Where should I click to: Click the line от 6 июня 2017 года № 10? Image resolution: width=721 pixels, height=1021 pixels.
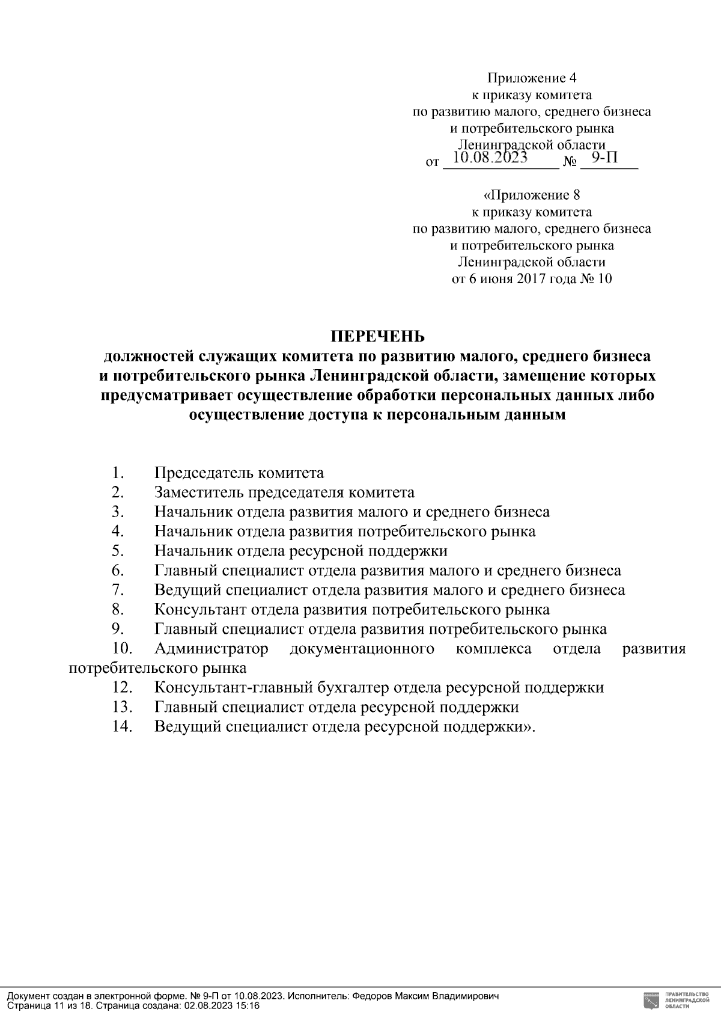(531, 278)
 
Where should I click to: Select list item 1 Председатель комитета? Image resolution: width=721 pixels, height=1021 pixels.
(239, 473)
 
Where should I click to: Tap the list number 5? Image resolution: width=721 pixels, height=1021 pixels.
(117, 551)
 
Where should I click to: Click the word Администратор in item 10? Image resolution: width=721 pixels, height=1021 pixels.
(211, 649)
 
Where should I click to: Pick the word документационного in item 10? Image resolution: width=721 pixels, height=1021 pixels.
(362, 649)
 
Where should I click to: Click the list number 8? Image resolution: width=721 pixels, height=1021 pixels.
(117, 609)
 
